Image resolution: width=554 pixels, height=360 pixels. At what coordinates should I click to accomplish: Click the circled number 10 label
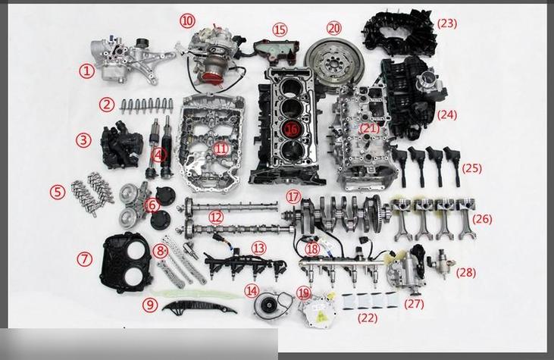(x=187, y=21)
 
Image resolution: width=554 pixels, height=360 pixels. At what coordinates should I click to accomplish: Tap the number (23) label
(x=447, y=23)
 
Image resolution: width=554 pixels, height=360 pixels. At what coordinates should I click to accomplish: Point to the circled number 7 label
(x=84, y=259)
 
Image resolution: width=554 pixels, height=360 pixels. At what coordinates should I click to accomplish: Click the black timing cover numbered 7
(x=126, y=263)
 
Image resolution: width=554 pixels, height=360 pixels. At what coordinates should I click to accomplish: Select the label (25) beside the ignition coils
(x=471, y=168)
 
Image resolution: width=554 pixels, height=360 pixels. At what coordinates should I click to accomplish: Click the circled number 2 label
(x=107, y=105)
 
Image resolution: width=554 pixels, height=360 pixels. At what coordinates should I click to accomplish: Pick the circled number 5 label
(x=58, y=193)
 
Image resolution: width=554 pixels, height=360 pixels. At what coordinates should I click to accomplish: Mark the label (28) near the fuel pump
(x=465, y=273)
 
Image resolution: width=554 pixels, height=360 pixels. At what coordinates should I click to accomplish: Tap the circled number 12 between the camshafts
(x=216, y=218)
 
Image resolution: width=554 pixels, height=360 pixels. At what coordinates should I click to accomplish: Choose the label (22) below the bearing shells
(x=368, y=318)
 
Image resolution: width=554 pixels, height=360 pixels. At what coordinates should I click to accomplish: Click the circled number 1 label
(x=86, y=72)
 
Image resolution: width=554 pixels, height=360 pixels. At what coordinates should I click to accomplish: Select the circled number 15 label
(x=280, y=30)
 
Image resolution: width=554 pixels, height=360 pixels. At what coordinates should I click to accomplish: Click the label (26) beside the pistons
(x=482, y=219)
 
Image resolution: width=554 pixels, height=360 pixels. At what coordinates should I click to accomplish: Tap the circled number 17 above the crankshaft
(x=293, y=197)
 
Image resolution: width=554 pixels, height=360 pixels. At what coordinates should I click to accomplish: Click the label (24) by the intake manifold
(x=447, y=114)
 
